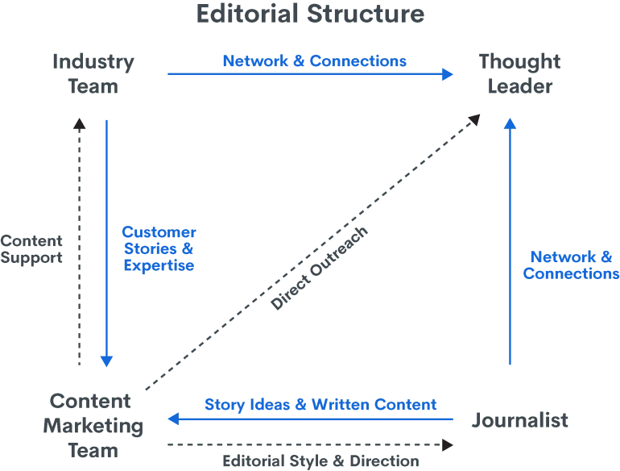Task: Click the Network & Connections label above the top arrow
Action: [x=315, y=61]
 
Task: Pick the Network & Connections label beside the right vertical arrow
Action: [x=570, y=265]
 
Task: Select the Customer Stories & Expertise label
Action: [x=159, y=248]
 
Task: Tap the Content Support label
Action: [x=31, y=248]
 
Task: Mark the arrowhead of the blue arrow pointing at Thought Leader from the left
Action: [x=449, y=75]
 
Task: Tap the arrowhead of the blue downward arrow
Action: [x=107, y=362]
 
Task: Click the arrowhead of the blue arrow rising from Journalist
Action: [x=509, y=123]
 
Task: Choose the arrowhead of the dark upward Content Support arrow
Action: [x=79, y=123]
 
